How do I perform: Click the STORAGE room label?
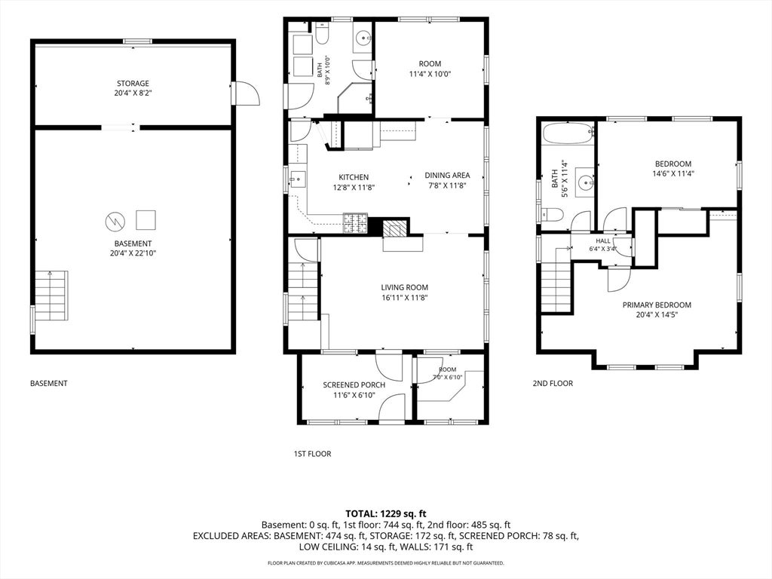(133, 83)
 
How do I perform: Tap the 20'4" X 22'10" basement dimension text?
(133, 253)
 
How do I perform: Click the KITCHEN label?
(354, 177)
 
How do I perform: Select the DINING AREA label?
(447, 175)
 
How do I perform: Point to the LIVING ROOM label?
(404, 287)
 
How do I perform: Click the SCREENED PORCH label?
(354, 385)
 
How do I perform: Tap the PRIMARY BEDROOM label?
(657, 305)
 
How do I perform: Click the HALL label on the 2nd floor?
(603, 241)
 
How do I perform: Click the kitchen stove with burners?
(355, 223)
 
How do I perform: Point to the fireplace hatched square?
(395, 229)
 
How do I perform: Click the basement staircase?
(51, 296)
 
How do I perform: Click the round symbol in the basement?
(115, 221)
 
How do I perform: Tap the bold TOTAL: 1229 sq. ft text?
(385, 514)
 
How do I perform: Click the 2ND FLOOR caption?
(553, 383)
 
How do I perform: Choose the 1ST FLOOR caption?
(312, 454)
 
